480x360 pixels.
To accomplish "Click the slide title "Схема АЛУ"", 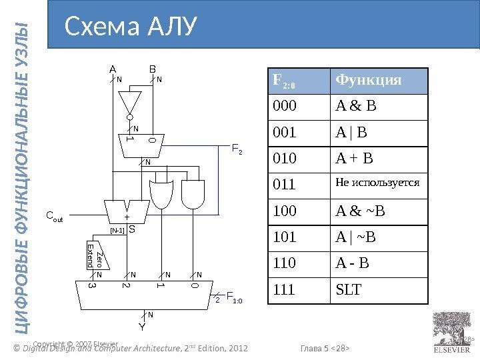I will (130, 27).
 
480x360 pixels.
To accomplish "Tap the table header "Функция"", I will (369, 81).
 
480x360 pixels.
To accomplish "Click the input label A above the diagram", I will (112, 68).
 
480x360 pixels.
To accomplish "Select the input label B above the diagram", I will (152, 68).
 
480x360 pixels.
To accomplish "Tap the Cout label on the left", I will (54, 216).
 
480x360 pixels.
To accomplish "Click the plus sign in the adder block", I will (127, 217).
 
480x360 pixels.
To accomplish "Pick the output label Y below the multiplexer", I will (142, 327).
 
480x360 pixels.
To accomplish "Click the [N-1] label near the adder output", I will (117, 230).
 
